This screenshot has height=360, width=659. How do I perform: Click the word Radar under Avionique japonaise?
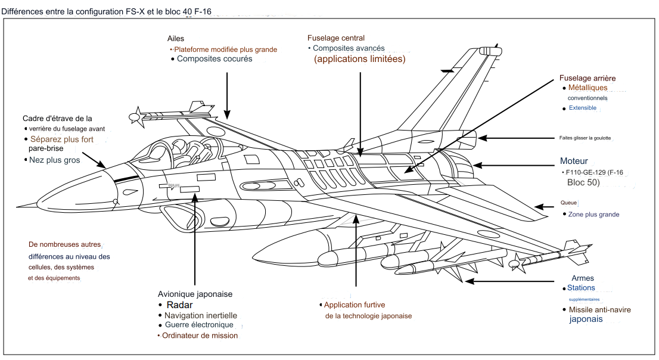pos(180,305)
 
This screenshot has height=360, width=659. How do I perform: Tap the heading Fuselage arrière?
pos(587,78)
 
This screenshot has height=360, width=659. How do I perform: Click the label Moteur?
pos(574,161)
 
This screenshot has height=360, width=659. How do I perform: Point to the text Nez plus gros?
pos(54,160)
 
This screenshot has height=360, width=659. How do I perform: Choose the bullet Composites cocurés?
pos(215,59)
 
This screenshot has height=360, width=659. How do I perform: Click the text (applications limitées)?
pos(359,59)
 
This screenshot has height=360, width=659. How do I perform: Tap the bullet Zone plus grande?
pos(593,215)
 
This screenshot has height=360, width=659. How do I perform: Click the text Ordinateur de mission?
pos(200,336)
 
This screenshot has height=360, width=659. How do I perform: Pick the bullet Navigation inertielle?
pos(201,315)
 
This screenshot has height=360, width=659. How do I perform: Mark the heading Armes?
pos(583,278)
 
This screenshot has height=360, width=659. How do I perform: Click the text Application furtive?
pos(355,305)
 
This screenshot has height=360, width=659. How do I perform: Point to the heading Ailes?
pos(176,39)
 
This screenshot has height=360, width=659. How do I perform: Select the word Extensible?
pos(582,108)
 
